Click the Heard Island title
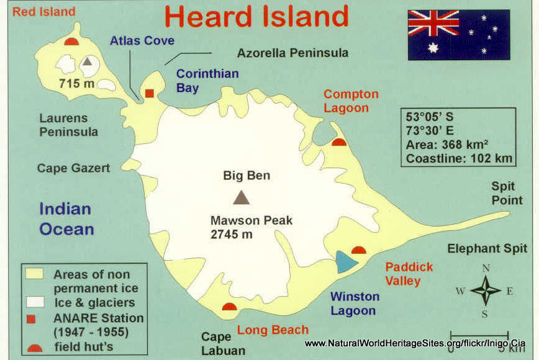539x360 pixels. click(256, 17)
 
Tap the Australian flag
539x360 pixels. click(458, 34)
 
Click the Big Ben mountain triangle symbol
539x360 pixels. click(241, 197)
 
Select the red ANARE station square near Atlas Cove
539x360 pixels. click(150, 93)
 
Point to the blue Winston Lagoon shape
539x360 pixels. click(345, 261)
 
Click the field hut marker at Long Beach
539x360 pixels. click(230, 307)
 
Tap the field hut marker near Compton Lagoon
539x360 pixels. click(338, 142)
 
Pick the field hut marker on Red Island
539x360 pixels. click(71, 42)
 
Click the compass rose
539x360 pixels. click(486, 290)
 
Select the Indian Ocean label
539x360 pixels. click(66, 219)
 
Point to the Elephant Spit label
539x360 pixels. click(487, 249)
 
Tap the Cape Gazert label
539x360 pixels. click(73, 168)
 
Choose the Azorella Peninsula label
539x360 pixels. click(292, 53)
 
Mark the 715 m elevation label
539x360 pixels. click(78, 83)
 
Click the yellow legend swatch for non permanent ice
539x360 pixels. click(35, 273)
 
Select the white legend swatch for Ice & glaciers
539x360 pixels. click(35, 302)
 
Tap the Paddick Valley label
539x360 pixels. click(409, 274)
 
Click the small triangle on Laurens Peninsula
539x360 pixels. click(88, 61)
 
